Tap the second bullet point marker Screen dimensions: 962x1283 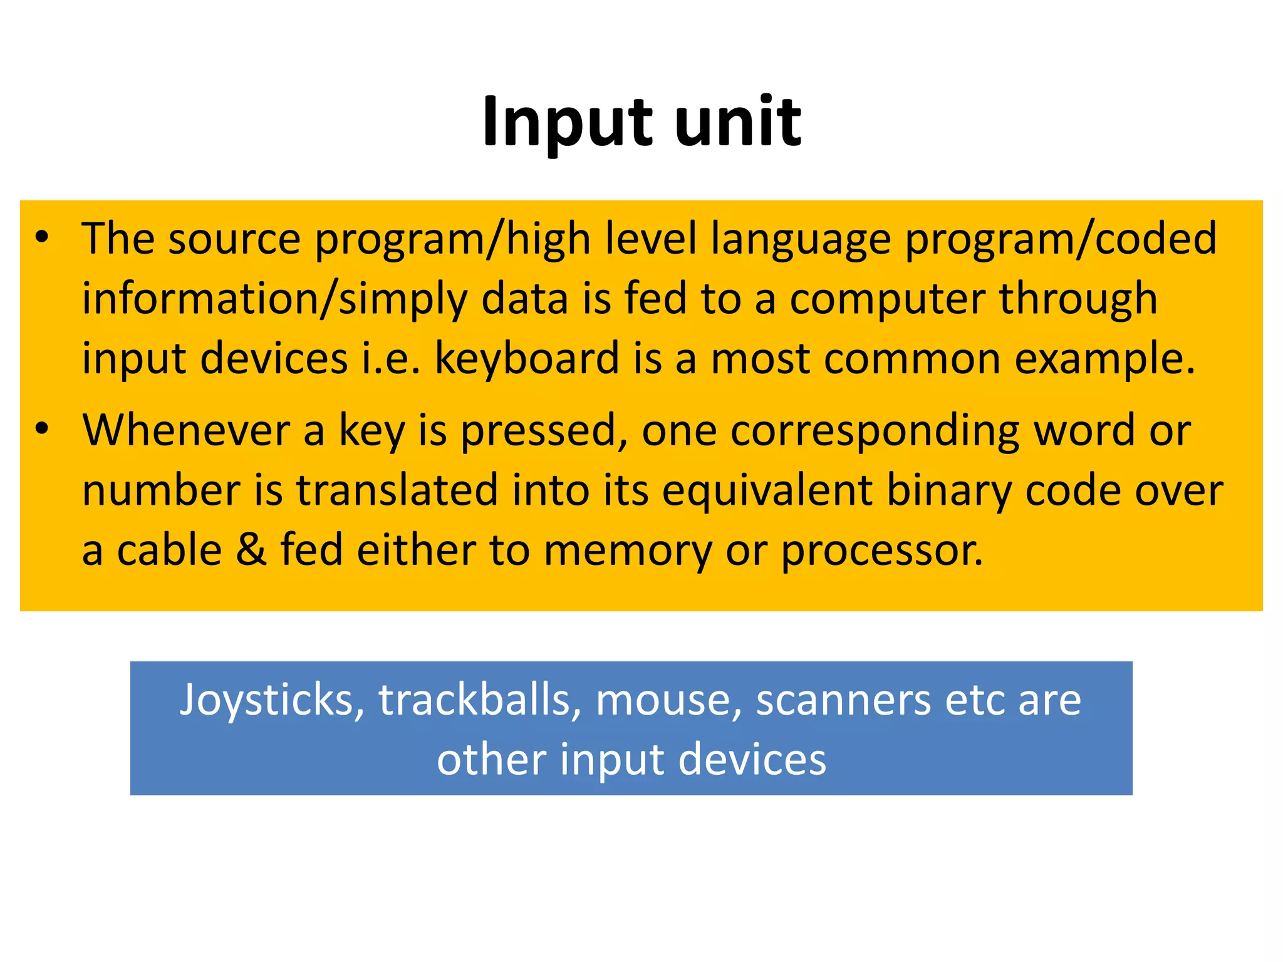click(x=42, y=429)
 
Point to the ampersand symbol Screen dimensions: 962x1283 click(x=251, y=549)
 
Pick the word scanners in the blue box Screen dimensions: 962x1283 click(x=843, y=700)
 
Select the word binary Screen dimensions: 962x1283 click(x=948, y=490)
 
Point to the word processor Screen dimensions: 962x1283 click(x=882, y=551)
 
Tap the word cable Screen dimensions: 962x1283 click(x=170, y=549)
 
